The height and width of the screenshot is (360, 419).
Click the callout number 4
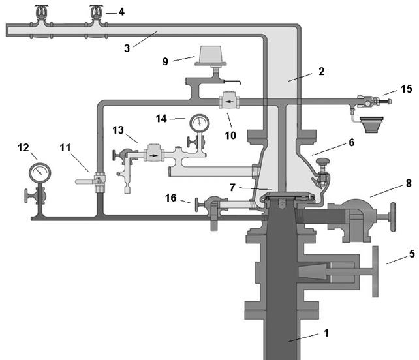[121, 12]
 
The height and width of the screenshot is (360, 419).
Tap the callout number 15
[407, 89]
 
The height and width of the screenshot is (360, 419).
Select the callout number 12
[23, 147]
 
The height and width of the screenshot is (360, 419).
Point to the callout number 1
[326, 333]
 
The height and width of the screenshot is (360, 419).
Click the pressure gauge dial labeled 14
[200, 123]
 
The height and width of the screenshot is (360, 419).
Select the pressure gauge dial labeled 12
[40, 173]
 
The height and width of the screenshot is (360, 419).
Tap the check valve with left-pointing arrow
[229, 101]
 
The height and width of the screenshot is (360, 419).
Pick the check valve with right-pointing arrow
[154, 153]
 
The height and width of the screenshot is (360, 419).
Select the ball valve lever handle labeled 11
[85, 182]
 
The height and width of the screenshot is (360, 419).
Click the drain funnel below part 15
[371, 125]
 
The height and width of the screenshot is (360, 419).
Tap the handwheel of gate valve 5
[375, 271]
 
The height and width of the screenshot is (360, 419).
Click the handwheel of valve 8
[393, 217]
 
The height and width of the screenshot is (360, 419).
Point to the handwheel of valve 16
[197, 205]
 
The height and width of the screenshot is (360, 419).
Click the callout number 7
[233, 187]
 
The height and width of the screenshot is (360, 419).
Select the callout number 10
[230, 136]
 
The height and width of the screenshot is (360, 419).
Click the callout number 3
[127, 48]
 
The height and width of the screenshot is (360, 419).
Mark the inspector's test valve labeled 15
[373, 102]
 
